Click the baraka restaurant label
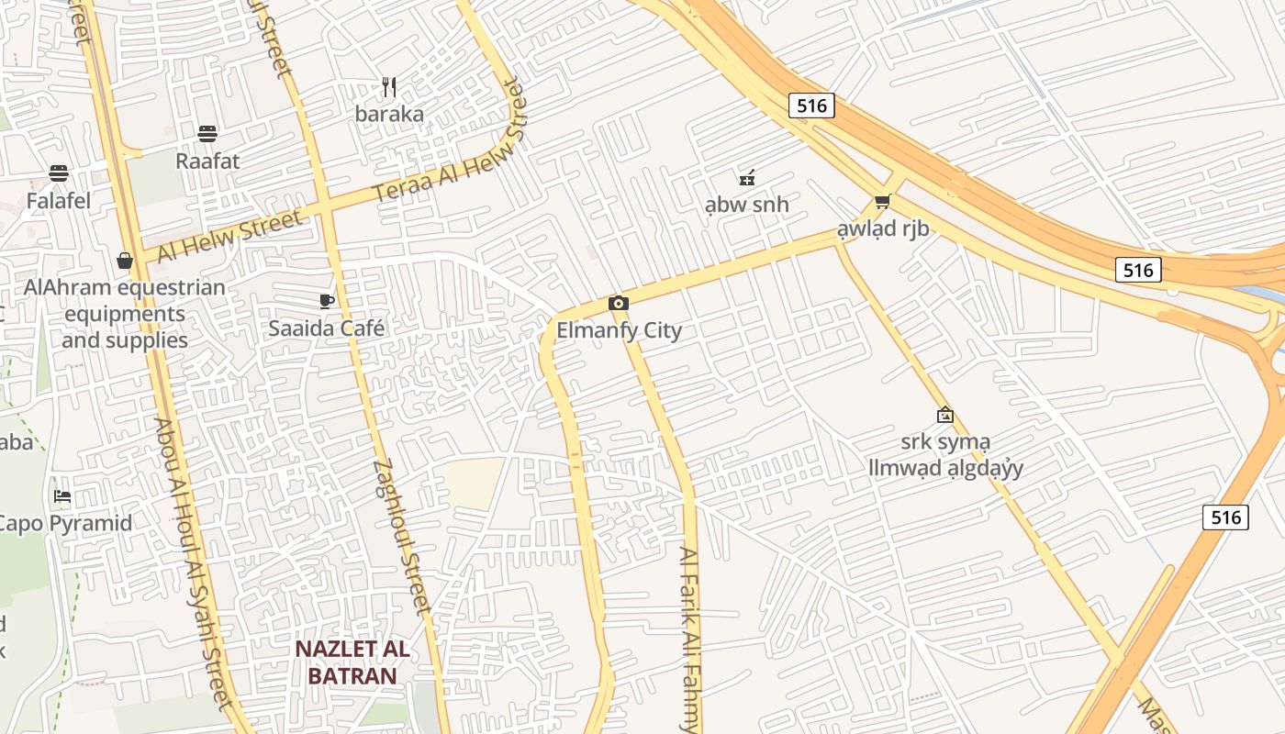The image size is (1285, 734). pos(389,114)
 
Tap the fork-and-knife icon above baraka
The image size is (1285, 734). pos(389,87)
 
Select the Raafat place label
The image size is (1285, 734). pos(207,161)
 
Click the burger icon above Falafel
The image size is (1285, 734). pos(59,173)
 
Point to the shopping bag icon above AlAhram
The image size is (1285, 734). pos(125,261)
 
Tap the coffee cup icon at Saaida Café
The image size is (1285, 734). pos(326,301)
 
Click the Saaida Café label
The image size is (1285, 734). pos(326,328)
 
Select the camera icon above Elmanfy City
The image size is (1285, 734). pos(619,303)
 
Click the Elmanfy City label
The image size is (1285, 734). pos(619,330)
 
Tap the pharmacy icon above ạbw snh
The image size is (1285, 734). pos(747,177)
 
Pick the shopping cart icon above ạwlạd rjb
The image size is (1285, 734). pos(882,201)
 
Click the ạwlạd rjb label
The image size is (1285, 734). pos(882,228)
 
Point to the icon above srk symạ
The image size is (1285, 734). pos(944,415)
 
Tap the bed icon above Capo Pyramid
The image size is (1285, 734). pos(62,496)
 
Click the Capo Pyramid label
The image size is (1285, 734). pos(64,524)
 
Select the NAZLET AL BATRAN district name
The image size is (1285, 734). pos(352,662)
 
